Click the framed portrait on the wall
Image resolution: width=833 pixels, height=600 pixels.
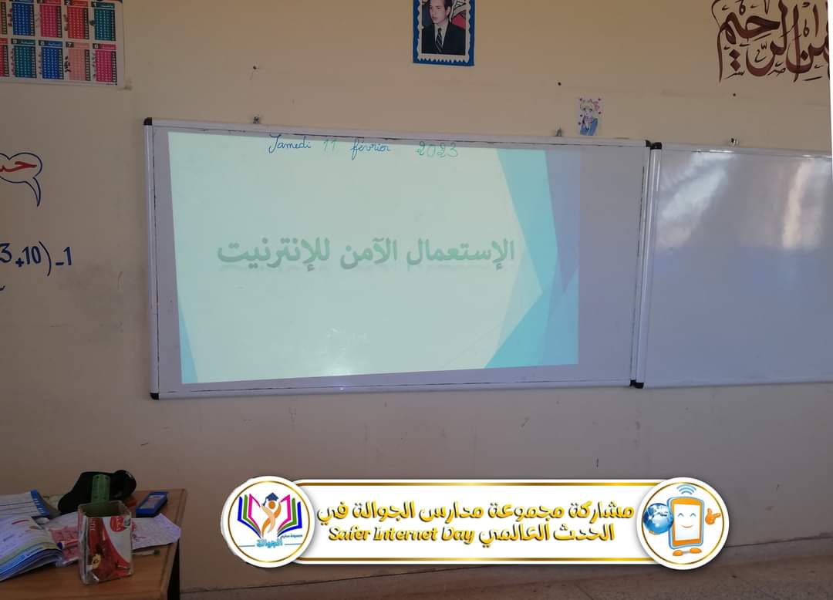(443, 31)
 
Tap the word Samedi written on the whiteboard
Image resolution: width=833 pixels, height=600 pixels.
(289, 144)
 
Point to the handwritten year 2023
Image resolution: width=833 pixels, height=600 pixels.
(437, 149)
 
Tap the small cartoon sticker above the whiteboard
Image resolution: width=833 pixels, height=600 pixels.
(590, 116)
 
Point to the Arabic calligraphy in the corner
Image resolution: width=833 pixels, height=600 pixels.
(771, 39)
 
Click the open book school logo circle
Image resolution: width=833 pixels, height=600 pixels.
(268, 521)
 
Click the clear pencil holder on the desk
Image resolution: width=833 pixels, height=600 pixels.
(105, 540)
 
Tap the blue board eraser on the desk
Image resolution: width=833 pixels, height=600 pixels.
(151, 503)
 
